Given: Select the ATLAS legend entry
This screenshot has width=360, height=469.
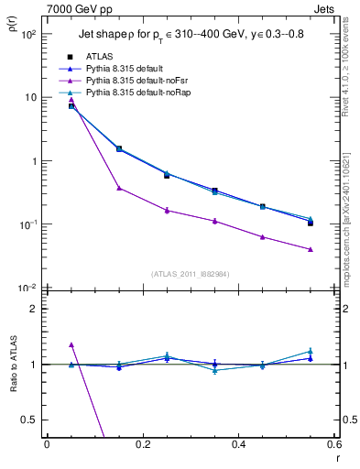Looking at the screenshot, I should [101, 56].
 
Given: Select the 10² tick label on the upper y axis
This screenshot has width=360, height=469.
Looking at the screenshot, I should [28, 34].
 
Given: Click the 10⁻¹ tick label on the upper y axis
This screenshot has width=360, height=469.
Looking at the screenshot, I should [28, 224].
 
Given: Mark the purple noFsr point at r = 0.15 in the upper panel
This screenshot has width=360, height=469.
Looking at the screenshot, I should [119, 188].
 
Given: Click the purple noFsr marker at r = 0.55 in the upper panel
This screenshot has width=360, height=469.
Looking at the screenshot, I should [311, 249].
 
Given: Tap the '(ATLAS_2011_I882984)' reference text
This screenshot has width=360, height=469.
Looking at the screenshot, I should [191, 273].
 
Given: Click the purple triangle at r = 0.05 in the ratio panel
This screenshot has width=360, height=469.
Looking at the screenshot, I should [71, 345].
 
